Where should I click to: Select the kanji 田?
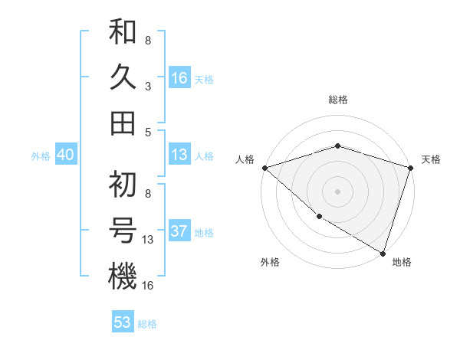tap(123, 123)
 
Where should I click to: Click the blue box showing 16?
tap(179, 78)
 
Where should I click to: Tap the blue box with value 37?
tap(179, 232)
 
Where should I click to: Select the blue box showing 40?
tap(65, 155)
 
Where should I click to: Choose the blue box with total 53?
tap(123, 322)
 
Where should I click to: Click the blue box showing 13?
tap(179, 155)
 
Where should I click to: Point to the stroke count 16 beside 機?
tap(148, 286)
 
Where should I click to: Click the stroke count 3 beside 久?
tap(147, 86)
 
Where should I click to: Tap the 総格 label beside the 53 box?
tap(147, 323)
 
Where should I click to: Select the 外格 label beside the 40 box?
tap(41, 156)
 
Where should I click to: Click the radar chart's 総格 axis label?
tap(338, 100)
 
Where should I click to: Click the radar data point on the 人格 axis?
tap(264, 167)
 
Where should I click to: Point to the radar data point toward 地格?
tap(383, 253)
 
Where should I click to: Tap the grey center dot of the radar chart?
tap(338, 191)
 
